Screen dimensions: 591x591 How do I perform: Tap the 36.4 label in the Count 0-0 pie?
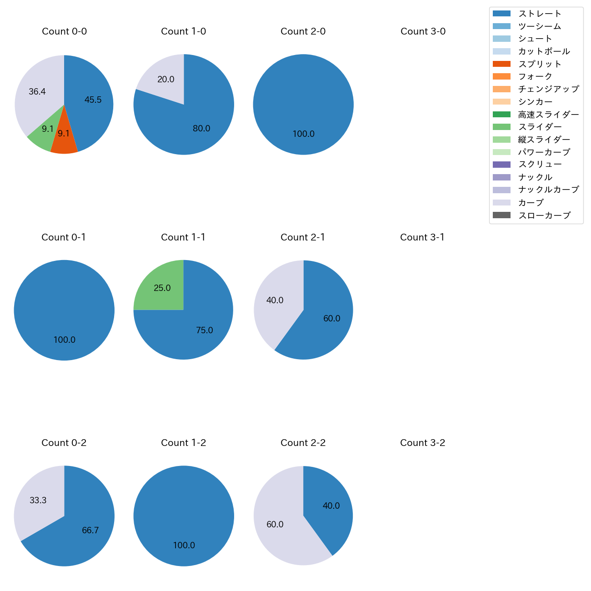37,92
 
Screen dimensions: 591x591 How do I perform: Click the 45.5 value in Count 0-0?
93,100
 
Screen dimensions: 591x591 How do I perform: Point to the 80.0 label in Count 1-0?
201,129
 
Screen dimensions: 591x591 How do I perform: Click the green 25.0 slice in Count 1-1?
161,288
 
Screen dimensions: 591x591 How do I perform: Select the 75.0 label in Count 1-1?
205,331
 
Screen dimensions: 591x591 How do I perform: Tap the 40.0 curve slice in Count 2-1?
275,301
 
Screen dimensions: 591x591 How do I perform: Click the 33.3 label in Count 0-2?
38,501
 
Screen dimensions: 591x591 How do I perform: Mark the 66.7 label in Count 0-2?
90,531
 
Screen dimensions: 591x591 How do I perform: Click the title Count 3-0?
423,31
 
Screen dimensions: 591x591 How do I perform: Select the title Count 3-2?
422,443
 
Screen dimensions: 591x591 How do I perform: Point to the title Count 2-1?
303,237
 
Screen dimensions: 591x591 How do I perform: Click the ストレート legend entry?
540,14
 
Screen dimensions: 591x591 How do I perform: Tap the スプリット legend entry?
540,64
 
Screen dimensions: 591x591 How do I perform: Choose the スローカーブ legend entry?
544,215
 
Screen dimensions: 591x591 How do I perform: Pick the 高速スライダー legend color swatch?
501,115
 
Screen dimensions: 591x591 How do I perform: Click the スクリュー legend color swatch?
501,165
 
